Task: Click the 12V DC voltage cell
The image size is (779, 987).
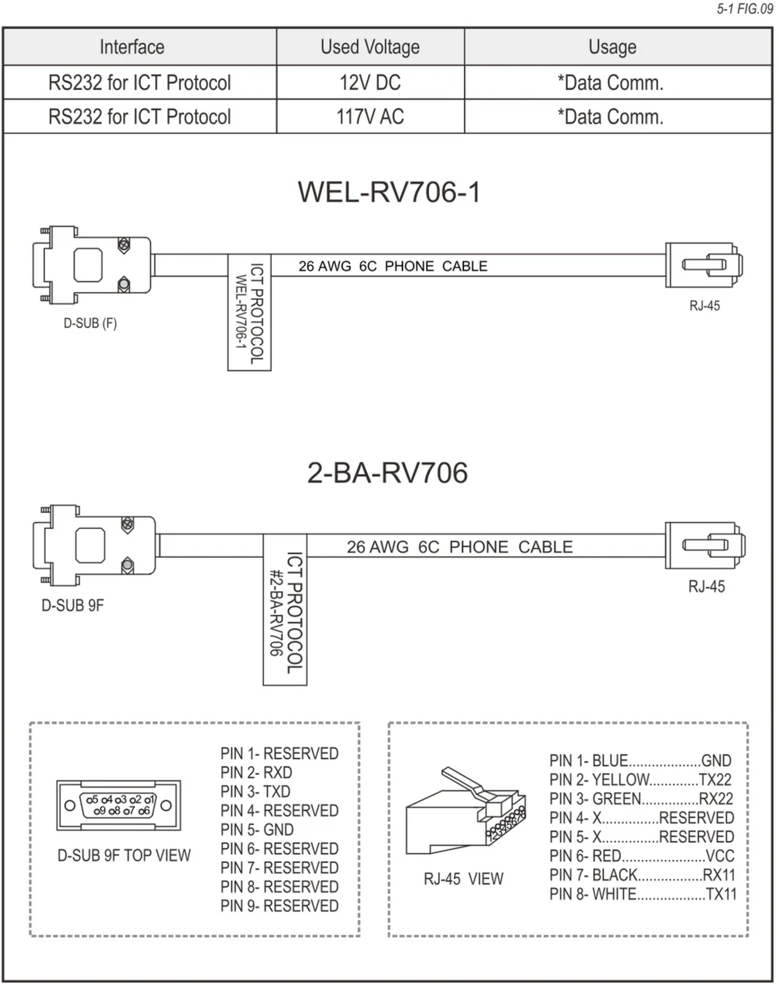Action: pyautogui.click(x=370, y=82)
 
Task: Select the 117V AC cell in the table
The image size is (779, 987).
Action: pyautogui.click(x=370, y=117)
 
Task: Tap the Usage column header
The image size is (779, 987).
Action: pyautogui.click(x=612, y=47)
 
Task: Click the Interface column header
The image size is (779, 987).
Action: pyautogui.click(x=132, y=47)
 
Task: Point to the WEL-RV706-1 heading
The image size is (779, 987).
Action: pyautogui.click(x=389, y=192)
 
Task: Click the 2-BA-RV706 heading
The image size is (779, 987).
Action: pyautogui.click(x=387, y=473)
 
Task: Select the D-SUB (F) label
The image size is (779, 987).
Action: pyautogui.click(x=90, y=323)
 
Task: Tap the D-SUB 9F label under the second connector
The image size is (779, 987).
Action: pyautogui.click(x=72, y=605)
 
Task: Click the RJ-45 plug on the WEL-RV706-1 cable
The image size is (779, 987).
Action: pyautogui.click(x=704, y=265)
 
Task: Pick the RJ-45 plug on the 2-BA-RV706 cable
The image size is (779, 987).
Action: pyautogui.click(x=705, y=545)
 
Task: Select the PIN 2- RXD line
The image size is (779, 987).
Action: pyautogui.click(x=256, y=773)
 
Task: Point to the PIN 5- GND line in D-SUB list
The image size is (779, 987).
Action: pyautogui.click(x=257, y=830)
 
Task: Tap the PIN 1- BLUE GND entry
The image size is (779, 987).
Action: pyautogui.click(x=640, y=760)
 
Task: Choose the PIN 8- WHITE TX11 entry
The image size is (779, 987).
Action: pyautogui.click(x=643, y=894)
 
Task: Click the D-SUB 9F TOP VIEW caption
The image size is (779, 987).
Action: pyautogui.click(x=124, y=855)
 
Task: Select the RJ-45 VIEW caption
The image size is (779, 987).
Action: pyautogui.click(x=463, y=879)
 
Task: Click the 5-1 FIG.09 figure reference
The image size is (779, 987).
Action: pyautogui.click(x=744, y=9)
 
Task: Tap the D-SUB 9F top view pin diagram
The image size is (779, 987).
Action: pyautogui.click(x=119, y=805)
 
